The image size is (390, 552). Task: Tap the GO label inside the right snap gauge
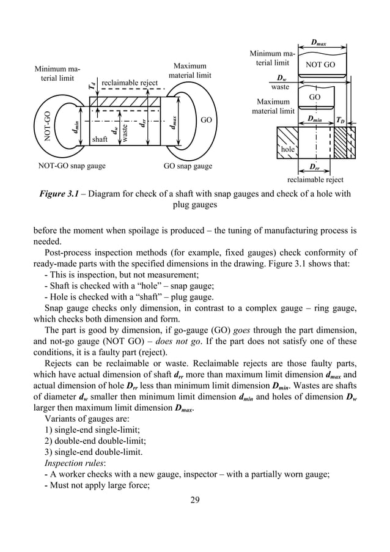[x=206, y=120]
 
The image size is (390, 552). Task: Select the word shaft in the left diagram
[x=100, y=139]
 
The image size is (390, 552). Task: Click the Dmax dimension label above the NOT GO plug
[x=318, y=43]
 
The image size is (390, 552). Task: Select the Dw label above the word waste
[x=281, y=78]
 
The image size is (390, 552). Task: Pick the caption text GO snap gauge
[x=188, y=166]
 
